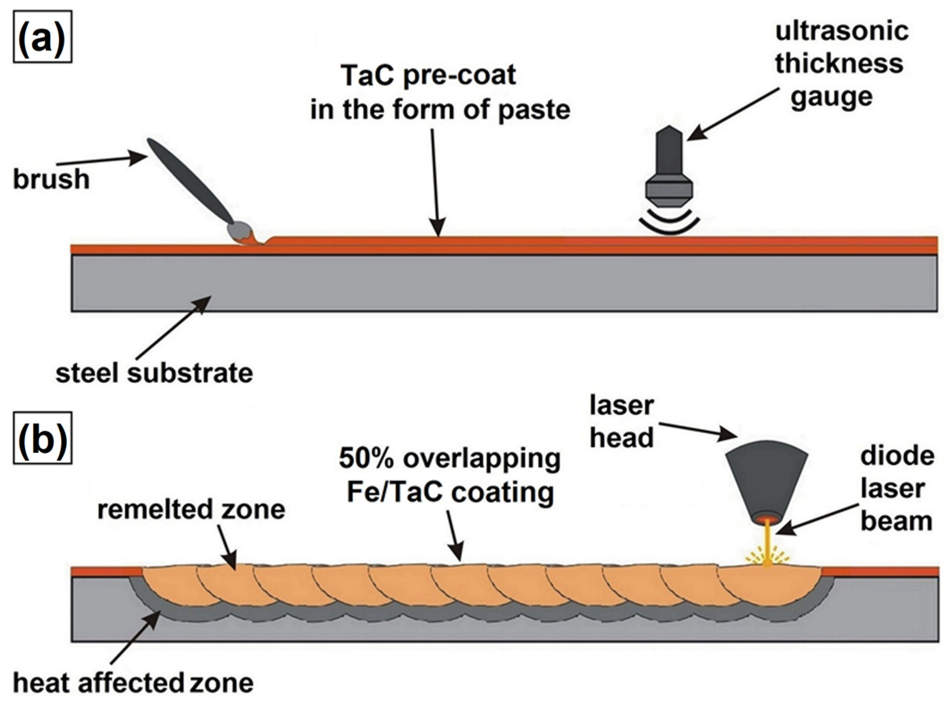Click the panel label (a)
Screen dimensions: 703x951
pos(42,38)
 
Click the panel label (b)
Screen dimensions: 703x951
pos(42,438)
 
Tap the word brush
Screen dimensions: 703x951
pos(51,179)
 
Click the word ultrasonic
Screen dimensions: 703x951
pos(842,31)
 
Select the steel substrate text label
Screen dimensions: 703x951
pos(154,373)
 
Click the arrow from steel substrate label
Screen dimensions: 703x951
pos(174,328)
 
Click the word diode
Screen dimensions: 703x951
pos(897,456)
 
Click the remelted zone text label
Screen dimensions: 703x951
pos(191,509)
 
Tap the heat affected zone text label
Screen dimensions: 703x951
pos(133,683)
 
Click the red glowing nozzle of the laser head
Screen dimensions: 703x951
pos(767,519)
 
